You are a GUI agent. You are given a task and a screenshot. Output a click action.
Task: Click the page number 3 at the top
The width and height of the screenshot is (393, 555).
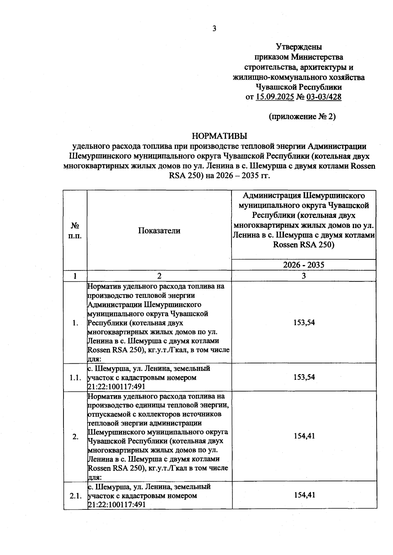pyautogui.click(x=215, y=29)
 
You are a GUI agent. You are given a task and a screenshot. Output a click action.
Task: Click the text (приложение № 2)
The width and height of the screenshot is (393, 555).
pyautogui.click(x=302, y=117)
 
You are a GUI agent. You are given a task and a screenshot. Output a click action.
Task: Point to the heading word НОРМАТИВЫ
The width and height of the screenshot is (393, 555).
pyautogui.click(x=219, y=136)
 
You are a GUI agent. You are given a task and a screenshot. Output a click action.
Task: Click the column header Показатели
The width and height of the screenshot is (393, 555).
pyautogui.click(x=159, y=230)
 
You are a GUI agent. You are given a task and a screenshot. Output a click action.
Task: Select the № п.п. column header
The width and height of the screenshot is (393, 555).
pyautogui.click(x=75, y=230)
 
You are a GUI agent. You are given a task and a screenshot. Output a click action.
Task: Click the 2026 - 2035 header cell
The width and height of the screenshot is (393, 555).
pyautogui.click(x=304, y=265)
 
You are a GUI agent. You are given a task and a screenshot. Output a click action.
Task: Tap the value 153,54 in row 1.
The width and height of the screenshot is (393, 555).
pyautogui.click(x=304, y=322)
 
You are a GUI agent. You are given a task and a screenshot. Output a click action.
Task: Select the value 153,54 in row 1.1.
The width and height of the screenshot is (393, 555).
pyautogui.click(x=304, y=377)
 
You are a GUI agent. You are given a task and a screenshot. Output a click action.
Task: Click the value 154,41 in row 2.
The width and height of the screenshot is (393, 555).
pyautogui.click(x=304, y=436)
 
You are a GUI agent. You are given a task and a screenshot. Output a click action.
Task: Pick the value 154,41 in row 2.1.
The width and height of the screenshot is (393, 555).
pyautogui.click(x=304, y=495)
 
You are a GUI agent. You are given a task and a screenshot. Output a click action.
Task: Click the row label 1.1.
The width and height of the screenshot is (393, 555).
pyautogui.click(x=75, y=378)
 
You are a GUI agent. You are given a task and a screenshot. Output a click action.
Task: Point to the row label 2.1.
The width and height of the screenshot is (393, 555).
pyautogui.click(x=75, y=496)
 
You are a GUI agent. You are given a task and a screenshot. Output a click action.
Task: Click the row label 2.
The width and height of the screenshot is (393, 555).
pyautogui.click(x=75, y=437)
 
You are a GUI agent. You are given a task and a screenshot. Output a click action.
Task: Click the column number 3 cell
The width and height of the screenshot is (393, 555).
pyautogui.click(x=304, y=276)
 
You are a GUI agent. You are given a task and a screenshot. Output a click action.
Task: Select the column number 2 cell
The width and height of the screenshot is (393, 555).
pyautogui.click(x=159, y=276)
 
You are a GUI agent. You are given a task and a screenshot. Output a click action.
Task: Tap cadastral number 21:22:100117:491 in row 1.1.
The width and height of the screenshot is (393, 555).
pyautogui.click(x=116, y=387)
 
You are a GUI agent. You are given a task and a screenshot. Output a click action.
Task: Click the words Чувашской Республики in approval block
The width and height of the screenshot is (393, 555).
pyautogui.click(x=298, y=87)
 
